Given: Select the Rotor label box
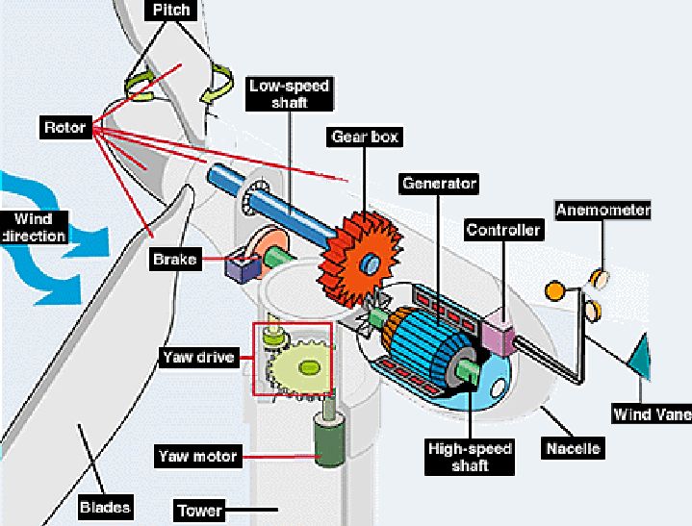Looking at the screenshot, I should (x=65, y=127).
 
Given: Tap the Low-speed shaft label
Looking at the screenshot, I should (x=289, y=94).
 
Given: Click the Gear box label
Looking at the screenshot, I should (x=365, y=137).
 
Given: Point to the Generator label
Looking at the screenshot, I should (x=439, y=183).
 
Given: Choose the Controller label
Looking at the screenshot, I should (x=503, y=230).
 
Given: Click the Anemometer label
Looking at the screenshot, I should (x=602, y=210).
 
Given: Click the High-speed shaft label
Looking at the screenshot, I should (x=470, y=457).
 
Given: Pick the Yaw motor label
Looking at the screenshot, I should (x=197, y=456).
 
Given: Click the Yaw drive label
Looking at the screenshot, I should (x=197, y=358).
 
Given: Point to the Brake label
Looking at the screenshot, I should (x=175, y=259).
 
